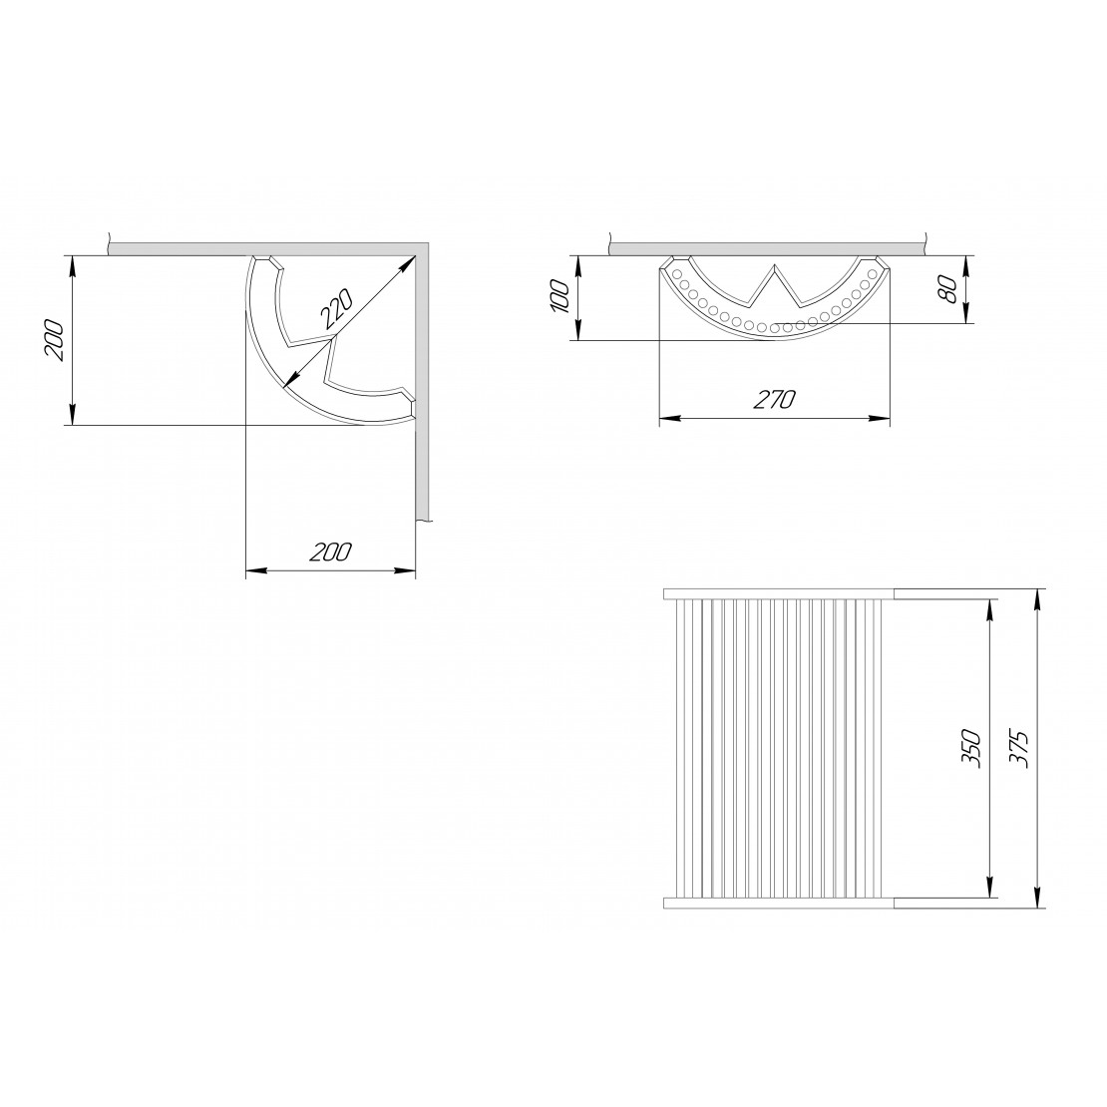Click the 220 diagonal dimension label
pyautogui.click(x=335, y=310)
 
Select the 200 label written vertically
pyautogui.click(x=55, y=340)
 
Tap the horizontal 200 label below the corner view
pyautogui.click(x=330, y=552)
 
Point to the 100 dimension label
pyautogui.click(x=559, y=296)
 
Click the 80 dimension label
pyautogui.click(x=948, y=289)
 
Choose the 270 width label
pyautogui.click(x=774, y=400)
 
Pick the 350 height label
pyautogui.click(x=970, y=748)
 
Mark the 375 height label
pyautogui.click(x=1018, y=748)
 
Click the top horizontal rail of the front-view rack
pyautogui.click(x=780, y=593)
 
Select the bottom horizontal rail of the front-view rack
pyautogui.click(x=780, y=903)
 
